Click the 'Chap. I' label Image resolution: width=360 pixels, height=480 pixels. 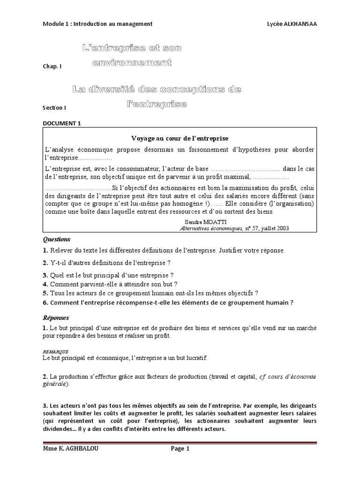point(52,67)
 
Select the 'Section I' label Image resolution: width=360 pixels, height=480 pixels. point(54,107)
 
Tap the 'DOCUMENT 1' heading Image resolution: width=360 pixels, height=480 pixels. point(62,123)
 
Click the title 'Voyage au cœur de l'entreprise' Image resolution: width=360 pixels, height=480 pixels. point(180,138)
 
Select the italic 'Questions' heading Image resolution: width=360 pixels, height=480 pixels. point(56,239)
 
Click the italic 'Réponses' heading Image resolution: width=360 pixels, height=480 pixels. point(56,317)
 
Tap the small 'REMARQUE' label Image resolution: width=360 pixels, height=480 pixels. point(56,351)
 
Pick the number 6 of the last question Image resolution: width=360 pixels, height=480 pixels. point(45,302)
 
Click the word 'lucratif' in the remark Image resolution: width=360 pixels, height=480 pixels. point(195,358)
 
